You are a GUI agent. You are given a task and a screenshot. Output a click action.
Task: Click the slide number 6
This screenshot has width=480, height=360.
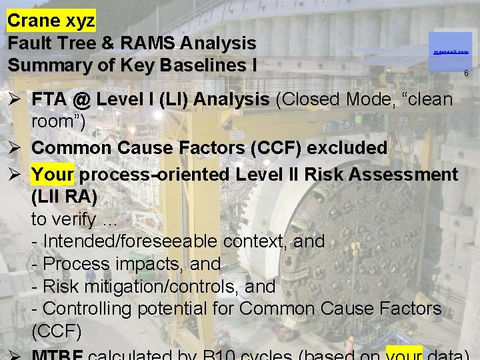[466, 73]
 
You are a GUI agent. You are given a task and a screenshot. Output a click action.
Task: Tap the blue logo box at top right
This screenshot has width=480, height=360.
[450, 51]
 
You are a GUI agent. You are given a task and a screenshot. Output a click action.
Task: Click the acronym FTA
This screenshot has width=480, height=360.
[49, 100]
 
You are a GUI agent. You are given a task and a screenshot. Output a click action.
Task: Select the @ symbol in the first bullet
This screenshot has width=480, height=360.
[82, 100]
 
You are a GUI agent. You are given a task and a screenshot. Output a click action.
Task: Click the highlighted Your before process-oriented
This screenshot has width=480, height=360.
[53, 175]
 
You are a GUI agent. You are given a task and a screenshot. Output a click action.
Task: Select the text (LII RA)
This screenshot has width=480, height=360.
[64, 197]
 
